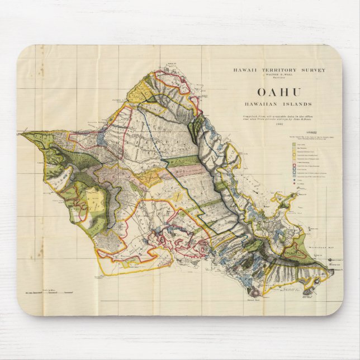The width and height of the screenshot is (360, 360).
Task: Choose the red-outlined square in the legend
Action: (x=293, y=166)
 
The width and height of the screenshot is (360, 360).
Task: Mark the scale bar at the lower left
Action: (x=50, y=292)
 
